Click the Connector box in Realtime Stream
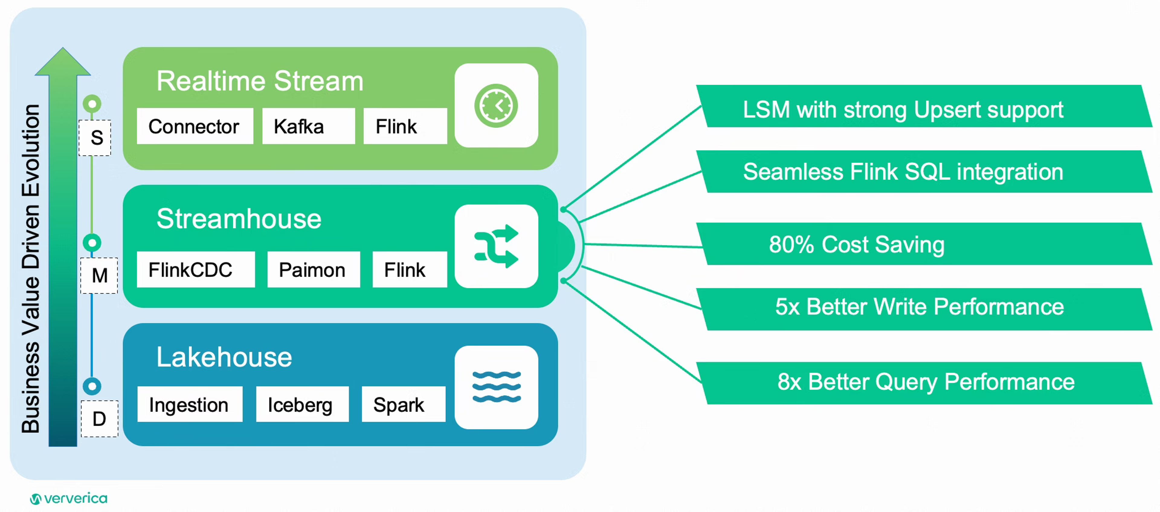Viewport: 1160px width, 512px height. coord(195,126)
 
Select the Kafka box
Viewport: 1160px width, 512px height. coord(308,126)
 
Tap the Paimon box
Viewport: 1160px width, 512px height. coord(314,269)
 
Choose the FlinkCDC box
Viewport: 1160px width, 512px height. coord(196,269)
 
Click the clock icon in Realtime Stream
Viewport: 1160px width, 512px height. coord(496,106)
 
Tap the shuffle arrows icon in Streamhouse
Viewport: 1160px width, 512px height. coord(496,246)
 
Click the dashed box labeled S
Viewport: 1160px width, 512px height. coord(95,138)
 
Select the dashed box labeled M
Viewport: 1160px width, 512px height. coord(99,275)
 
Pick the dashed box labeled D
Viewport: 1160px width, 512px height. coord(99,418)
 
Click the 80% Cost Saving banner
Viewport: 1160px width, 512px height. coord(924,244)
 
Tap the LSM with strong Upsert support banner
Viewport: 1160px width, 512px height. coord(924,106)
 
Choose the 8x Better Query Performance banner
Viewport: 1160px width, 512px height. coord(924,383)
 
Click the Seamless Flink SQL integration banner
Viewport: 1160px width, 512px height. coord(924,171)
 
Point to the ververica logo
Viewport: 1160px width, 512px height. coord(69,498)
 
